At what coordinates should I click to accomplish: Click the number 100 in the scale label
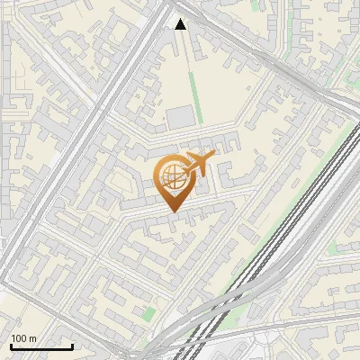pyautogui.click(x=19, y=338)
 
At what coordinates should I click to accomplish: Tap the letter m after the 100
pyautogui.click(x=32, y=338)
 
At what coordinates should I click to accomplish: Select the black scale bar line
pyautogui.click(x=40, y=347)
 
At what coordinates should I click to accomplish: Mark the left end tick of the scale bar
pyautogui.click(x=10, y=346)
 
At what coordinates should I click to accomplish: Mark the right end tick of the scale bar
pyautogui.click(x=72, y=346)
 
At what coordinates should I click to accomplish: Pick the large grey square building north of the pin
pyautogui.click(x=181, y=117)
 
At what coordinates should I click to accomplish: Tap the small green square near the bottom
pyautogui.click(x=149, y=313)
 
